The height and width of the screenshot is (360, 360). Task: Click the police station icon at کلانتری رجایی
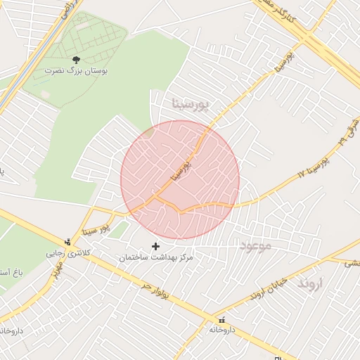click(67, 242)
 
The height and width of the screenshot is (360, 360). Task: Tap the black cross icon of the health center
click(155, 247)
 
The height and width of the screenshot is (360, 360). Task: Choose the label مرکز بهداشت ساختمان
click(155, 258)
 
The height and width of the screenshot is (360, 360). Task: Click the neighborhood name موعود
click(255, 245)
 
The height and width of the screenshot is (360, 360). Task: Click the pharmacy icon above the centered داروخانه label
click(222, 319)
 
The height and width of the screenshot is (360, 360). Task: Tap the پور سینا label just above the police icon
click(96, 228)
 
